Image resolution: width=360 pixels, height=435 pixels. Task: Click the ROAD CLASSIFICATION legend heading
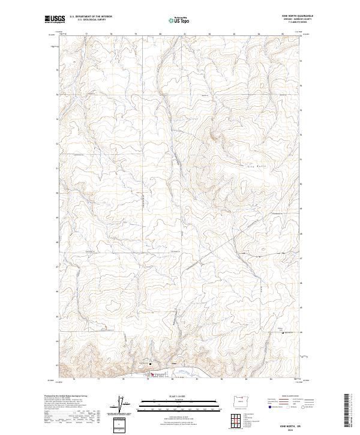281,397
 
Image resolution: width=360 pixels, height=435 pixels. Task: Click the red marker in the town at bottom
151,376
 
